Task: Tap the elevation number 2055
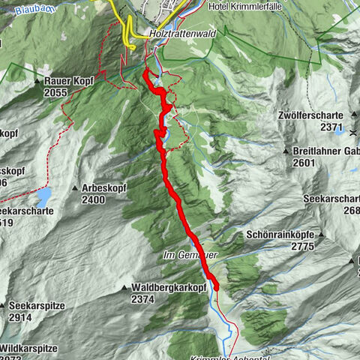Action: (x=56, y=91)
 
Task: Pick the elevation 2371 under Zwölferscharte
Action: (x=331, y=127)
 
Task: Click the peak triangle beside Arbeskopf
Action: (x=76, y=188)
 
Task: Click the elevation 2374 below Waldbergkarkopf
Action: (x=142, y=298)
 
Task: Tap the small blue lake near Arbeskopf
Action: (x=43, y=197)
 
